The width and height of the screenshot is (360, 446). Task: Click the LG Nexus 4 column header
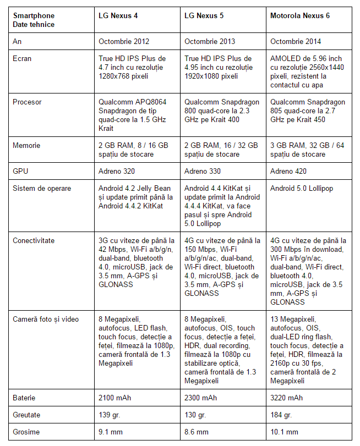pos(118,16)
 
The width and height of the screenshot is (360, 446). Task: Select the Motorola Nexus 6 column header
pos(300,16)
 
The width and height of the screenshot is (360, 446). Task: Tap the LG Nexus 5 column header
pos(204,16)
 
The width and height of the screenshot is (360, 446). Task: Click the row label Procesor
pos(27,102)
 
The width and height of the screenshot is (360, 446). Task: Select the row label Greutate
pos(27,415)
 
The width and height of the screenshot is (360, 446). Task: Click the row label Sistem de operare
pos(42,189)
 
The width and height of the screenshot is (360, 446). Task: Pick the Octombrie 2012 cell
pos(124,41)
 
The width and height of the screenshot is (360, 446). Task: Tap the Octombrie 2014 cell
pos(296,41)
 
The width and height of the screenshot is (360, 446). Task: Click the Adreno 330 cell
pos(203,172)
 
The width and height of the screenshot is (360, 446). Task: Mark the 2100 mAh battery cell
pos(114,398)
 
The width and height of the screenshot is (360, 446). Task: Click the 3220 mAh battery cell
pos(286,398)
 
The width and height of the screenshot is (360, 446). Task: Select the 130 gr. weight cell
pos(195,415)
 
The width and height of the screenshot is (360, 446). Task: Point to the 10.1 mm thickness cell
pos(284,432)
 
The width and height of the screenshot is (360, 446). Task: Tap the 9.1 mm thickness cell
pos(111,432)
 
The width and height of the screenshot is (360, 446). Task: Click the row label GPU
pos(20,172)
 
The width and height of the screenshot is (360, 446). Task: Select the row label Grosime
pos(25,432)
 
